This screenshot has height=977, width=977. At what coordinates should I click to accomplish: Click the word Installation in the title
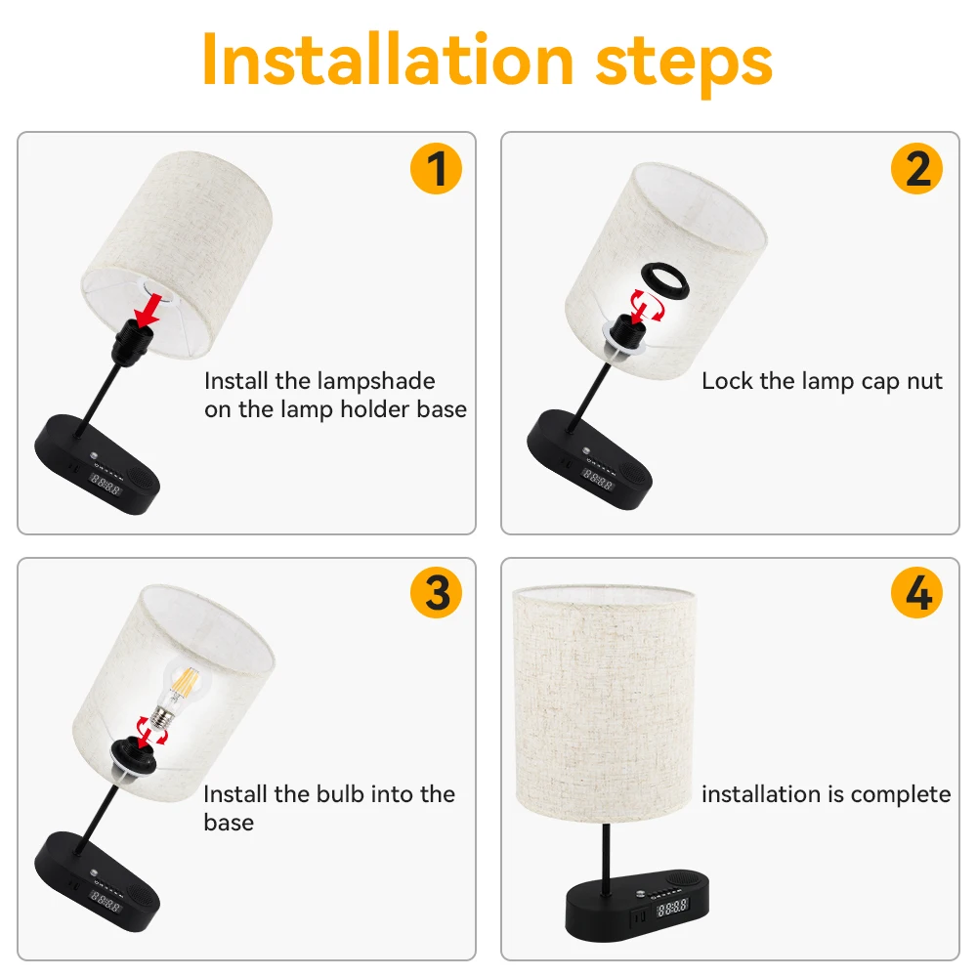(x=387, y=60)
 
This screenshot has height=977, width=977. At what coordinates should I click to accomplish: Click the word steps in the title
(x=684, y=64)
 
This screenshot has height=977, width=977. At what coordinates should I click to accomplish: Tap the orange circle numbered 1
(x=436, y=168)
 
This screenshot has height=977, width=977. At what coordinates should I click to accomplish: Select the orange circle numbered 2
(x=916, y=168)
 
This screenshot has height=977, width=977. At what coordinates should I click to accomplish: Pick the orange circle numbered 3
(x=436, y=593)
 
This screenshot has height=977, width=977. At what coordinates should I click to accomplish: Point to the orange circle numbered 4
(x=916, y=593)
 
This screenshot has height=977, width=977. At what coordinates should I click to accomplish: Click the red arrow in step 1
(x=149, y=311)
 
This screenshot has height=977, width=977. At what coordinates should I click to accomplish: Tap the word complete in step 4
(x=901, y=794)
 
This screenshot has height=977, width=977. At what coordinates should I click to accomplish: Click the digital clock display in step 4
(x=672, y=908)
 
